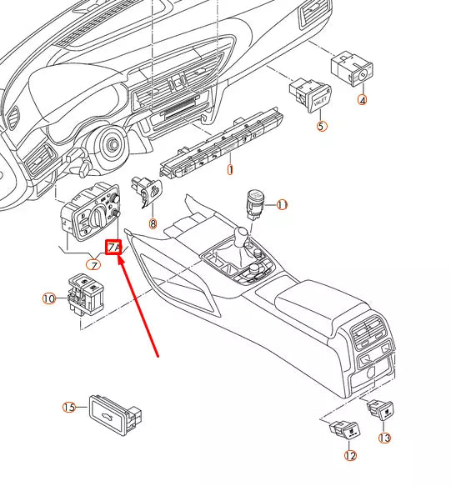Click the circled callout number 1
[230, 169]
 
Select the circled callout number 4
[362, 100]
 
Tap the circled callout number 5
[321, 127]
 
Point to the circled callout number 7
[93, 265]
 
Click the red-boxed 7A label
[114, 248]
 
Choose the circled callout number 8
[153, 223]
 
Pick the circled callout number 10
[49, 298]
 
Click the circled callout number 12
[349, 456]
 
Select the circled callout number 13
[384, 438]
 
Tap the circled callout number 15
[69, 407]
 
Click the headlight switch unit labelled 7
[89, 212]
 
